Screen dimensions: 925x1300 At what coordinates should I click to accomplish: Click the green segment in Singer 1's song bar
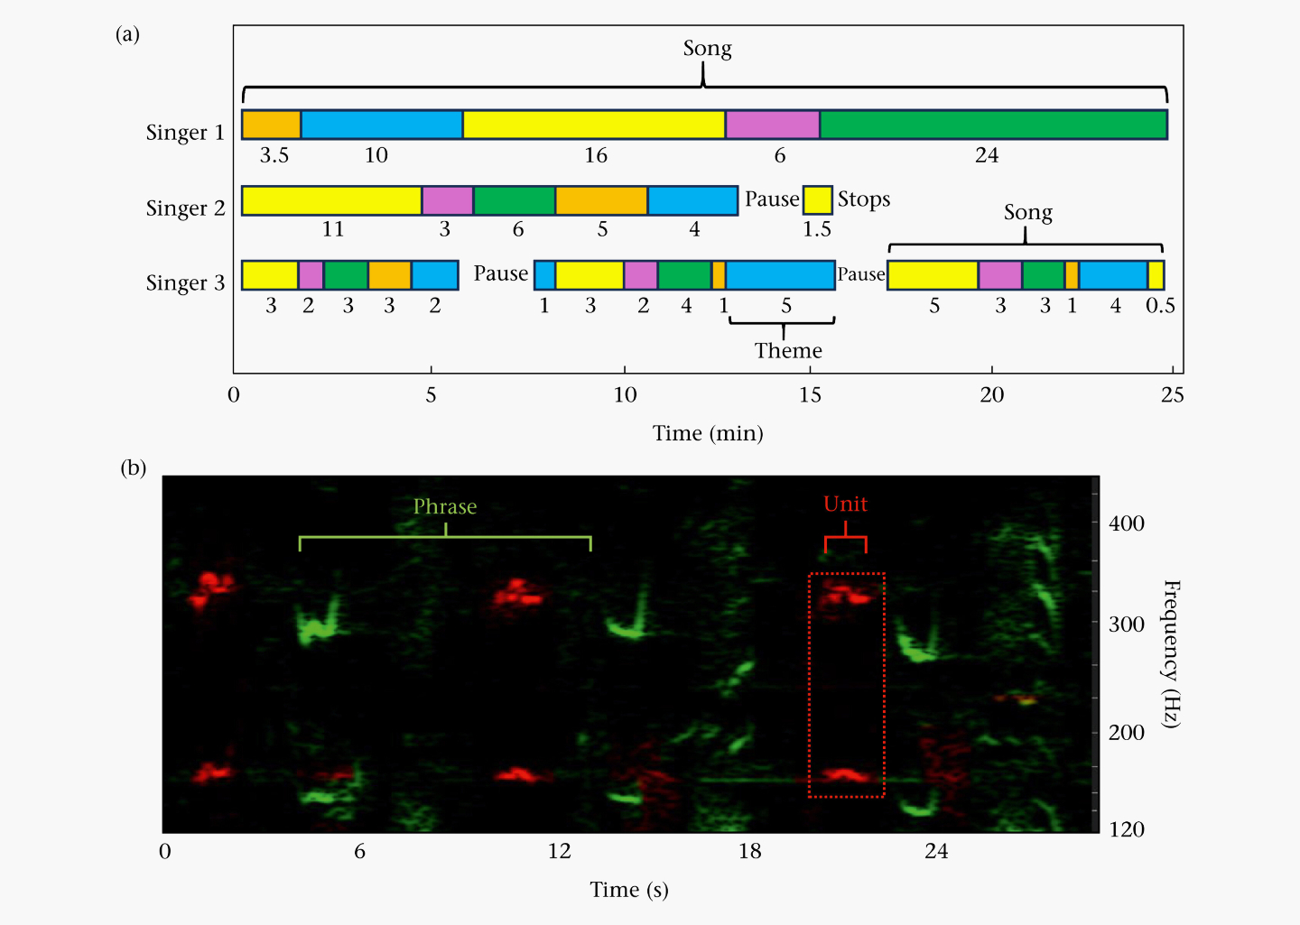coord(993,125)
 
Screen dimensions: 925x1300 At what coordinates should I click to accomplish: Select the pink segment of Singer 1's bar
coord(772,125)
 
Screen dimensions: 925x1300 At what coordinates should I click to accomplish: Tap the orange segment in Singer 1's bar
coord(271,125)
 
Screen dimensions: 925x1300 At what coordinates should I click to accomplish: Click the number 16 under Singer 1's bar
coord(596,155)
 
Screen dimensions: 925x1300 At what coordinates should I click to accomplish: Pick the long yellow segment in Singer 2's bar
coord(331,200)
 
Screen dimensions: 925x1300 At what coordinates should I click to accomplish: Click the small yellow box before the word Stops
coord(817,199)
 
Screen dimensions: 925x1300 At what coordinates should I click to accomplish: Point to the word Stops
coord(863,199)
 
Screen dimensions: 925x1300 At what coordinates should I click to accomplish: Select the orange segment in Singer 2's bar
coord(601,200)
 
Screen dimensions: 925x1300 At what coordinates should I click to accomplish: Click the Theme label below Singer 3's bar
coord(788,350)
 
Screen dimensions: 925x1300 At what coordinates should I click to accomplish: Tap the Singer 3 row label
coord(185,283)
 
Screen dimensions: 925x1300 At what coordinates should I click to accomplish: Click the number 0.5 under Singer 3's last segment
coord(1160,306)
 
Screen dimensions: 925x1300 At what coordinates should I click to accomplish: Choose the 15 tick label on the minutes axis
coord(810,395)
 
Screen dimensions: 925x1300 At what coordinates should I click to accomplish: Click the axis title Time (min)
coord(708,433)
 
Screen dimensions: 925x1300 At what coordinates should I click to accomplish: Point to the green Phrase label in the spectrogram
coord(444,507)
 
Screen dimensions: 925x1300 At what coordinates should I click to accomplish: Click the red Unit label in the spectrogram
coord(845,504)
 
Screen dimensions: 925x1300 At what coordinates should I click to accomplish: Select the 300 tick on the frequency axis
coord(1126,624)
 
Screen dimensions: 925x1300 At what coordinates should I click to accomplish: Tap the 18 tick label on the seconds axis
coord(749,851)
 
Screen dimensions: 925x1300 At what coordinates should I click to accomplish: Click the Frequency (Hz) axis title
coord(1170,654)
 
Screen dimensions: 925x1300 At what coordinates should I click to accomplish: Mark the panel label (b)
coord(133,467)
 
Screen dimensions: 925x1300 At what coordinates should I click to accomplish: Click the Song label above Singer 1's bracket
coord(707,49)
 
